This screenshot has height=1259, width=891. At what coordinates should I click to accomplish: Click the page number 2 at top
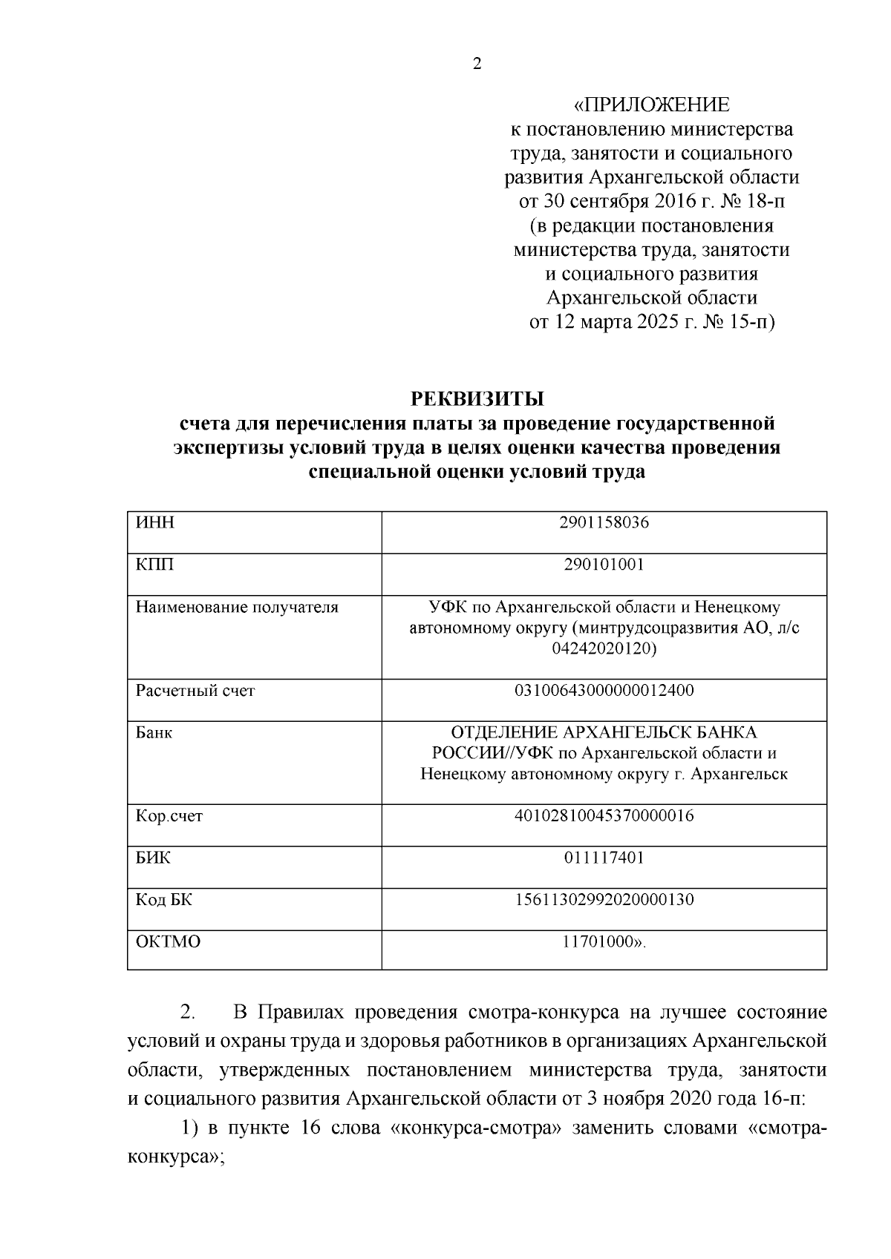pos(477,65)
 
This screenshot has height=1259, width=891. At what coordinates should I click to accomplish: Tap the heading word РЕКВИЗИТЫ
pos(477,398)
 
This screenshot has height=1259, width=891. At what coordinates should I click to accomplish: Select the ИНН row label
pos(155,522)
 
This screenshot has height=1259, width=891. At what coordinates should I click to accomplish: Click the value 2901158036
pos(604,522)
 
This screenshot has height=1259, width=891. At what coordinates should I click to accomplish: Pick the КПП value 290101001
pos(604,565)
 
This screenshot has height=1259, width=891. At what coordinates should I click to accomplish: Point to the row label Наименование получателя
pos(236,607)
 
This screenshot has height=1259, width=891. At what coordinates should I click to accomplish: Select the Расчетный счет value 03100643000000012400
pos(604,691)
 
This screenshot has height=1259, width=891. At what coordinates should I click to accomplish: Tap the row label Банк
pos(154,733)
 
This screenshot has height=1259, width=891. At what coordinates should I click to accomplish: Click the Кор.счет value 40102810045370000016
pos(604,816)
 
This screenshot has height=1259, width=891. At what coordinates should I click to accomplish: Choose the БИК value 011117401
pos(604,858)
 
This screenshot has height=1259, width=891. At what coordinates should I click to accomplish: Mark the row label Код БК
pos(163,900)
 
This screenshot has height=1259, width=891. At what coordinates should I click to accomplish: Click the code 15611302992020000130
pos(604,900)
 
